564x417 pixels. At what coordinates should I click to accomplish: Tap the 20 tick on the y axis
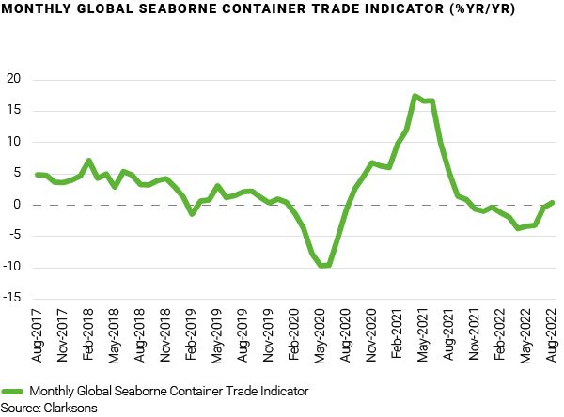point(13,79)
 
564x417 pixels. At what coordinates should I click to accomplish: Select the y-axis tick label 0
point(17,205)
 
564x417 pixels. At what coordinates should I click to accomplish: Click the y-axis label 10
point(13,142)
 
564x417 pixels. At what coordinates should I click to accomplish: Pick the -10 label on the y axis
point(11,268)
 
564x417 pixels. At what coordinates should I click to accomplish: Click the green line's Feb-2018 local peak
point(88,161)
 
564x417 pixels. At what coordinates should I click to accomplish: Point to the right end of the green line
point(552,202)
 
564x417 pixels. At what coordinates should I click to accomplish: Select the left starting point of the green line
point(38,174)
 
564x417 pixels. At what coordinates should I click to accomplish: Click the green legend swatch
point(13,391)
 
